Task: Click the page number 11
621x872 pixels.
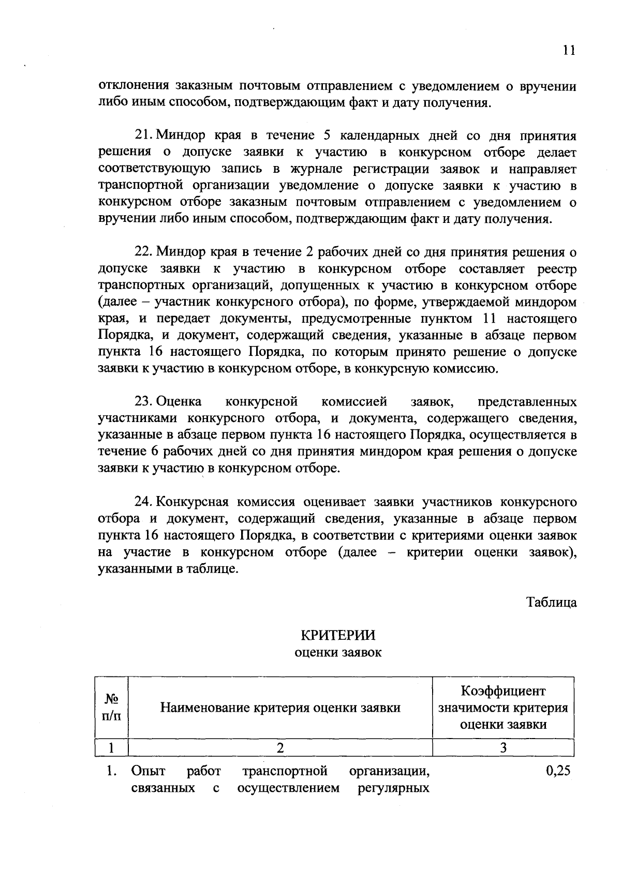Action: (569, 50)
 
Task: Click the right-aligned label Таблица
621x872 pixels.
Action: (551, 602)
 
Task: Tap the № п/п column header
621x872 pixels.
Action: (111, 707)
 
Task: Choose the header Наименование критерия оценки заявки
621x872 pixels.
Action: (280, 708)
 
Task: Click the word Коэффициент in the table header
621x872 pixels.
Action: (503, 691)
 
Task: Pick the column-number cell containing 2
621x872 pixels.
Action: (280, 748)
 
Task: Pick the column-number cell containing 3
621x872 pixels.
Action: (503, 748)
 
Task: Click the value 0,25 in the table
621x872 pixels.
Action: (558, 771)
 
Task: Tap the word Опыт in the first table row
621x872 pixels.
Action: (148, 771)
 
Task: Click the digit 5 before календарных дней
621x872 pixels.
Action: (327, 136)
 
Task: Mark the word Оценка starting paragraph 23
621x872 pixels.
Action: (179, 402)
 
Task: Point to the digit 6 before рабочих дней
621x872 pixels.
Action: (154, 452)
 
